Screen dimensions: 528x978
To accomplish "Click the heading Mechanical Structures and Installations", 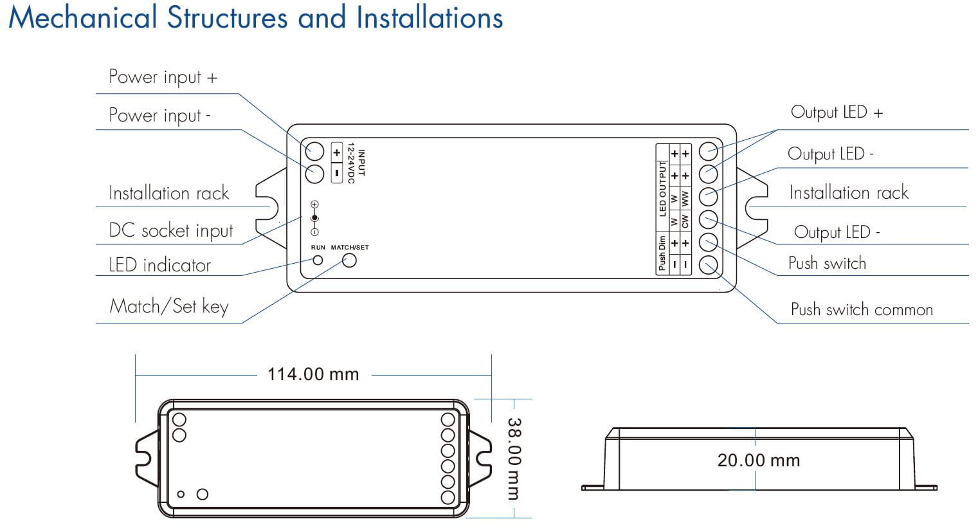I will point(255,17).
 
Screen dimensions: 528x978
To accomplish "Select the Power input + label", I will point(163,77).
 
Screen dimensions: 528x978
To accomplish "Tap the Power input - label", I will point(159,116).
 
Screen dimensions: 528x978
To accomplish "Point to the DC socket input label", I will point(170,231).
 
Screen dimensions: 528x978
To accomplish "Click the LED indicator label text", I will point(159,265).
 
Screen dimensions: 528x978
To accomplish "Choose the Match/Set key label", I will point(168,306).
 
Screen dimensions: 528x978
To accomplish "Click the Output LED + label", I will point(837,113).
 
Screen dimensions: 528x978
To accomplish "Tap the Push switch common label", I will point(861,310).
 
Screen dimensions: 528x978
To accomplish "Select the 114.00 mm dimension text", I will point(313,374).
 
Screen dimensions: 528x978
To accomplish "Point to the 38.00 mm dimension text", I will point(514,459).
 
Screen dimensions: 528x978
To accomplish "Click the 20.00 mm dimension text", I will point(759,460).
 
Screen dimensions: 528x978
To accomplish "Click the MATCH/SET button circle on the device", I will point(349,260).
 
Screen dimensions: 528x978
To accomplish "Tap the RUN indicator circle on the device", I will point(318,260).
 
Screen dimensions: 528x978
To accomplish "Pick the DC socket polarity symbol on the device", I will point(314,218).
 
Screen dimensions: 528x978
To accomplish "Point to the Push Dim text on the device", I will point(662,253).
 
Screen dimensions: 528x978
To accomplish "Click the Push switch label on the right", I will point(827,264).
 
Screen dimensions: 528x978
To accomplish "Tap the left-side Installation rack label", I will point(168,194).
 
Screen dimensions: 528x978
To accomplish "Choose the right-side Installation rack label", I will point(848,193).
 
